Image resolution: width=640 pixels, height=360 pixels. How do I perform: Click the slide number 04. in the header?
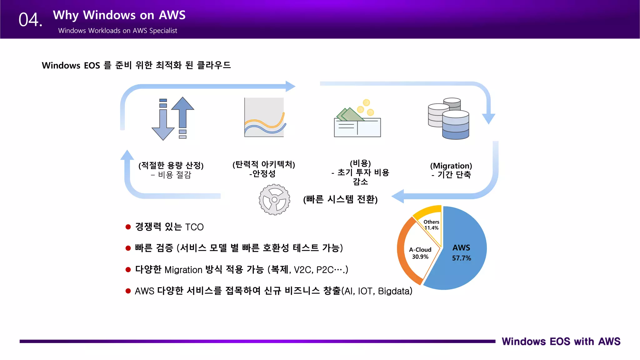[x=30, y=20]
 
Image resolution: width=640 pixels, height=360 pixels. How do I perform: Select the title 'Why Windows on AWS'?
[x=119, y=15]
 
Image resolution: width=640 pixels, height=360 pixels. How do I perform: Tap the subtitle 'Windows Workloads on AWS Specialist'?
[x=117, y=31]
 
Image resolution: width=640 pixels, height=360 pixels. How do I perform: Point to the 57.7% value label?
[x=461, y=258]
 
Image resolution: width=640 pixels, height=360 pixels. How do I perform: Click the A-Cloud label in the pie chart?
[x=420, y=250]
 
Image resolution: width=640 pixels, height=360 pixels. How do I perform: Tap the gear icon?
[x=274, y=199]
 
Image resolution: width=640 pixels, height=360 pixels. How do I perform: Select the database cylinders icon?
[x=449, y=118]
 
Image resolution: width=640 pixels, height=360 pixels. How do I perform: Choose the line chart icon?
[x=264, y=117]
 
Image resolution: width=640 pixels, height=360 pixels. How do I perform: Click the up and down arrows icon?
[x=173, y=118]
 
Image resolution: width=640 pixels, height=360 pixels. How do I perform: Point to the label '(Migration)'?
[x=451, y=166]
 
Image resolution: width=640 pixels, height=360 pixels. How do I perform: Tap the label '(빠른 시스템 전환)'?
[x=340, y=199]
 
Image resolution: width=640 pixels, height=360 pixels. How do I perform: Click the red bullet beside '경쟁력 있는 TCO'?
[x=128, y=227]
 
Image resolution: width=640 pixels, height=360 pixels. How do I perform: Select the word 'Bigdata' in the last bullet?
[x=393, y=291]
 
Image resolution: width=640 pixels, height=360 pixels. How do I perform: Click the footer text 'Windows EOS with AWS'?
[x=561, y=341]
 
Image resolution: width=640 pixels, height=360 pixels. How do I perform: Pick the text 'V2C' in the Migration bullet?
[x=302, y=270]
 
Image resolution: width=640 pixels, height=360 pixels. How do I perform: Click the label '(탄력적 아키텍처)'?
[x=264, y=164]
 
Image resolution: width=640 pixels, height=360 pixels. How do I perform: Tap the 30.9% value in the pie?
[x=420, y=257]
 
